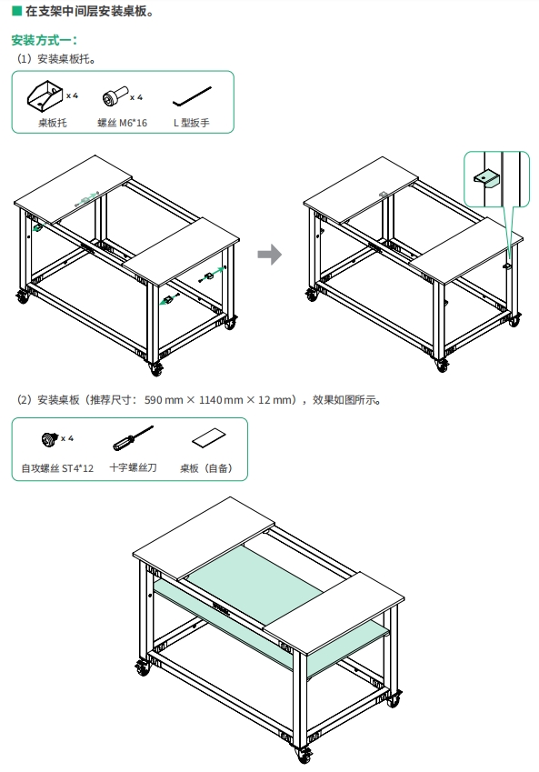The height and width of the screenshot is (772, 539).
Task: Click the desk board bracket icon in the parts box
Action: pos(45,96)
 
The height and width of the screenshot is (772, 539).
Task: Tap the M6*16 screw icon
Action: pos(115,96)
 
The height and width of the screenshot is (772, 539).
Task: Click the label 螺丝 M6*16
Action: pos(122,123)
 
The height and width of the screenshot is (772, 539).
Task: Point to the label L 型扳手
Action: pos(192,123)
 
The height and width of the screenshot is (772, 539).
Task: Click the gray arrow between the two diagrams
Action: pos(270,255)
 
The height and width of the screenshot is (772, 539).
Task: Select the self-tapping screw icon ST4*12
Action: pos(50,438)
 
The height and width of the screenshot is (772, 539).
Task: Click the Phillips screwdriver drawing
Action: pos(133,438)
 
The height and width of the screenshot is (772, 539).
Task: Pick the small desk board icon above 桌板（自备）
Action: pos(209,437)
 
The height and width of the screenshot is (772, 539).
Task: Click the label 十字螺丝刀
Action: pos(133,467)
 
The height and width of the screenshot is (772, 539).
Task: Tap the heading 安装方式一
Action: pos(45,40)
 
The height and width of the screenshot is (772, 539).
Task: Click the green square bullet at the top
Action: pos(16,11)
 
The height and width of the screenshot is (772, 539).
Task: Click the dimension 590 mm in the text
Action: pos(164,400)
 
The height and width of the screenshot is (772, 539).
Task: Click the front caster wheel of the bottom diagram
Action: pos(304,753)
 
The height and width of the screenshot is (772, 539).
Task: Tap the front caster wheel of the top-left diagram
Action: pos(156,368)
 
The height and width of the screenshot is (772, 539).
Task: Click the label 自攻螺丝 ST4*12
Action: pos(57,468)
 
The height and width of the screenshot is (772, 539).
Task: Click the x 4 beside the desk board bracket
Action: pos(72,95)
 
